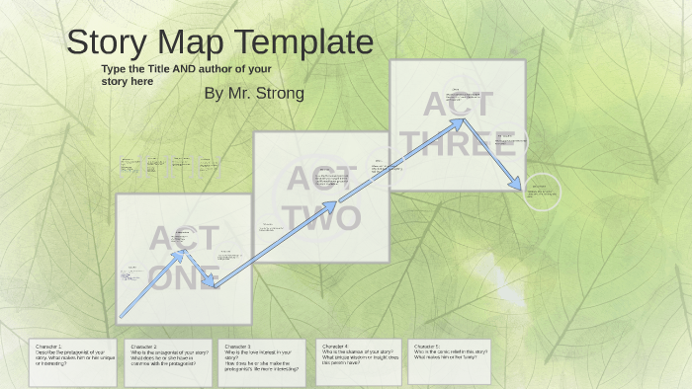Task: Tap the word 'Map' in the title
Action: click(188, 43)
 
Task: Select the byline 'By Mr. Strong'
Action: click(253, 93)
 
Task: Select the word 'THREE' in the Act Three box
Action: click(458, 143)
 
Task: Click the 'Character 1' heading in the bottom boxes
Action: click(48, 347)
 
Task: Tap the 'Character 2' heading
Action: click(144, 347)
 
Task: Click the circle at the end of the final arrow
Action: click(541, 192)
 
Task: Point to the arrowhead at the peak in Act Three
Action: click(460, 121)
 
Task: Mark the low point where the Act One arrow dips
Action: click(215, 286)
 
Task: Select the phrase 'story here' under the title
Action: click(128, 82)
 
